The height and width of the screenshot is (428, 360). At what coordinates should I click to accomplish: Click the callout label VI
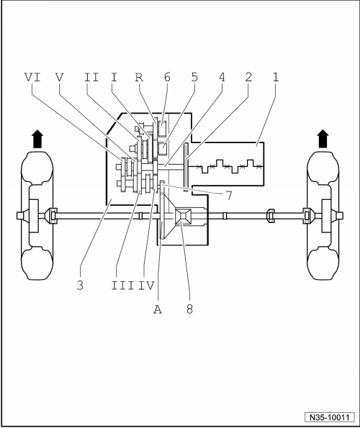coord(32,77)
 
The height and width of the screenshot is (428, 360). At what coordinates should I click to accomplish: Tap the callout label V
coord(59,77)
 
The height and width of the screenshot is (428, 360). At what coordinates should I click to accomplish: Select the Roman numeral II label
coord(91,77)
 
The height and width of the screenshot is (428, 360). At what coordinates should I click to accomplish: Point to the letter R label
coord(139,77)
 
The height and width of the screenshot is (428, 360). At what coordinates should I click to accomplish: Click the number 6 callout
coord(167,77)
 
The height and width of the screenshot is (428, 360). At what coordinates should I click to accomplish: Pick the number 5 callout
coord(194,77)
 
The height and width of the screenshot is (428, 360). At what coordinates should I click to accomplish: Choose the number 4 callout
coord(222,77)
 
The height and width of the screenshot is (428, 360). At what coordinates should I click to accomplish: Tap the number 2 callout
coord(248,77)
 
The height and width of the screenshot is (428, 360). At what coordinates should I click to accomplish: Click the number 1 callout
coord(276,77)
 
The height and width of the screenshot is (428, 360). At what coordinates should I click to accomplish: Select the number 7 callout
coord(229,196)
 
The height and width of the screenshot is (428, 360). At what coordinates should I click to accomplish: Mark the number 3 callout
coord(80,286)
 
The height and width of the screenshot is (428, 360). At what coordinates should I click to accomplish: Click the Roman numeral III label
coord(122,286)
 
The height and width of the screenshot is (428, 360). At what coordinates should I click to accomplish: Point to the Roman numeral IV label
coord(146,286)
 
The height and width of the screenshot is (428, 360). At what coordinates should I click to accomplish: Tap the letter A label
coord(158,309)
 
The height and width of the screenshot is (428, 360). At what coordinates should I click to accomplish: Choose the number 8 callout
coord(189,309)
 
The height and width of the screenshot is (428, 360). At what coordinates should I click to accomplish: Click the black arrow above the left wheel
coord(37,139)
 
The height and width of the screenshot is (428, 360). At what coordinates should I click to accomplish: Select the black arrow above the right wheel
coord(323,139)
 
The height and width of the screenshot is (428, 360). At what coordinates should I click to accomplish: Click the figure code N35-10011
coord(330,417)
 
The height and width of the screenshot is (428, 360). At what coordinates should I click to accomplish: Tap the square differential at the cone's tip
coord(184,217)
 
